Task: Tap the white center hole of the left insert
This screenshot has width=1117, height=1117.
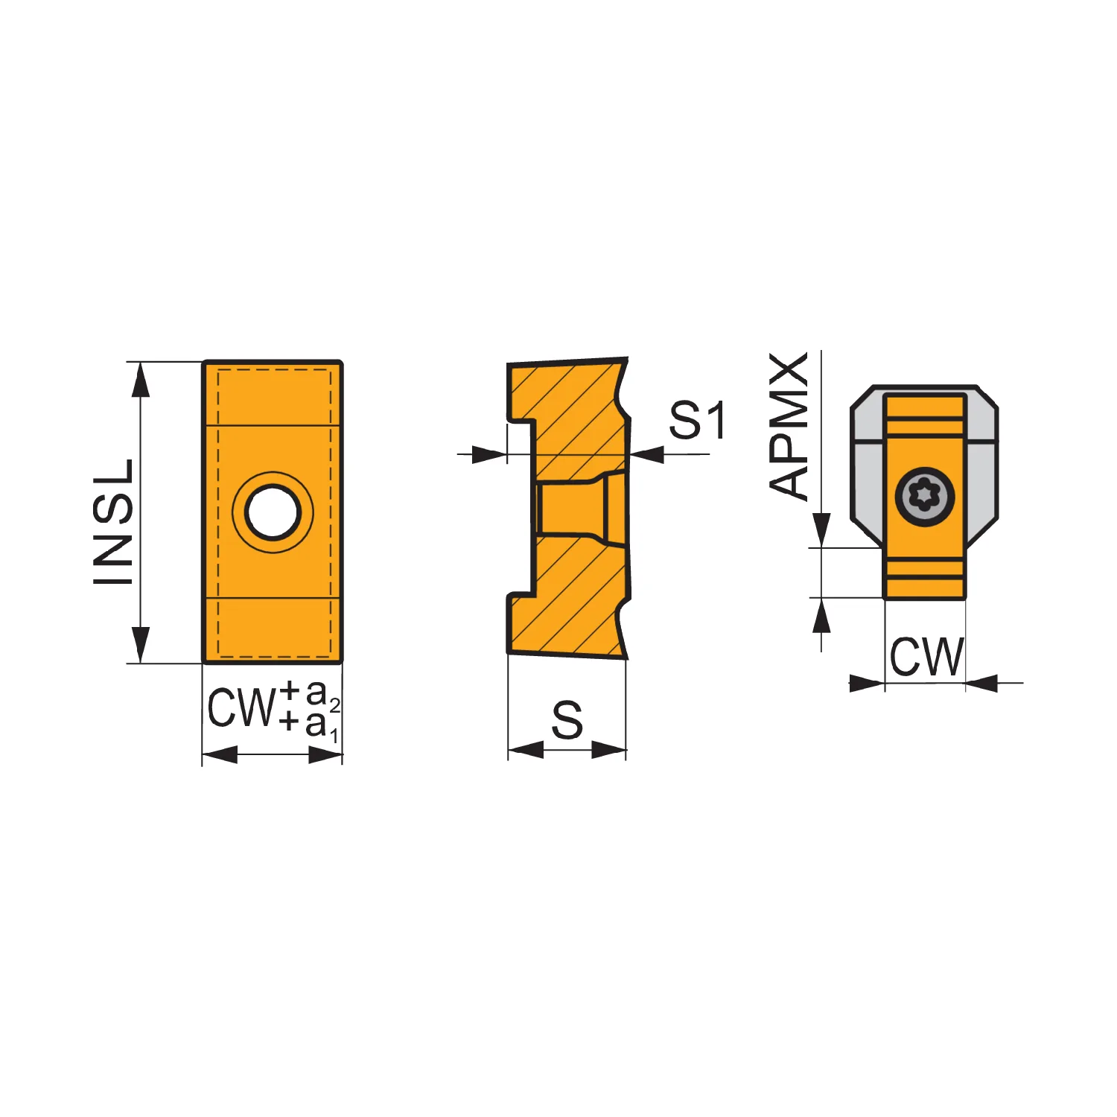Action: coord(273,512)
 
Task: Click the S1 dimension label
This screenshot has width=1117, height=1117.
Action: coord(697,420)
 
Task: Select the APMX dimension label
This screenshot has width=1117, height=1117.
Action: coord(789,425)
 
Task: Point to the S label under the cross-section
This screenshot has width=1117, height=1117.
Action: coord(567,720)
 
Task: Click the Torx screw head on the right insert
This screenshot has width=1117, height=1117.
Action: coord(924,497)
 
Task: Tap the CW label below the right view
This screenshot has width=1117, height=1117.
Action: coord(926,656)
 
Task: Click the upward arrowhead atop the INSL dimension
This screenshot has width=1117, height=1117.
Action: coord(140,381)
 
